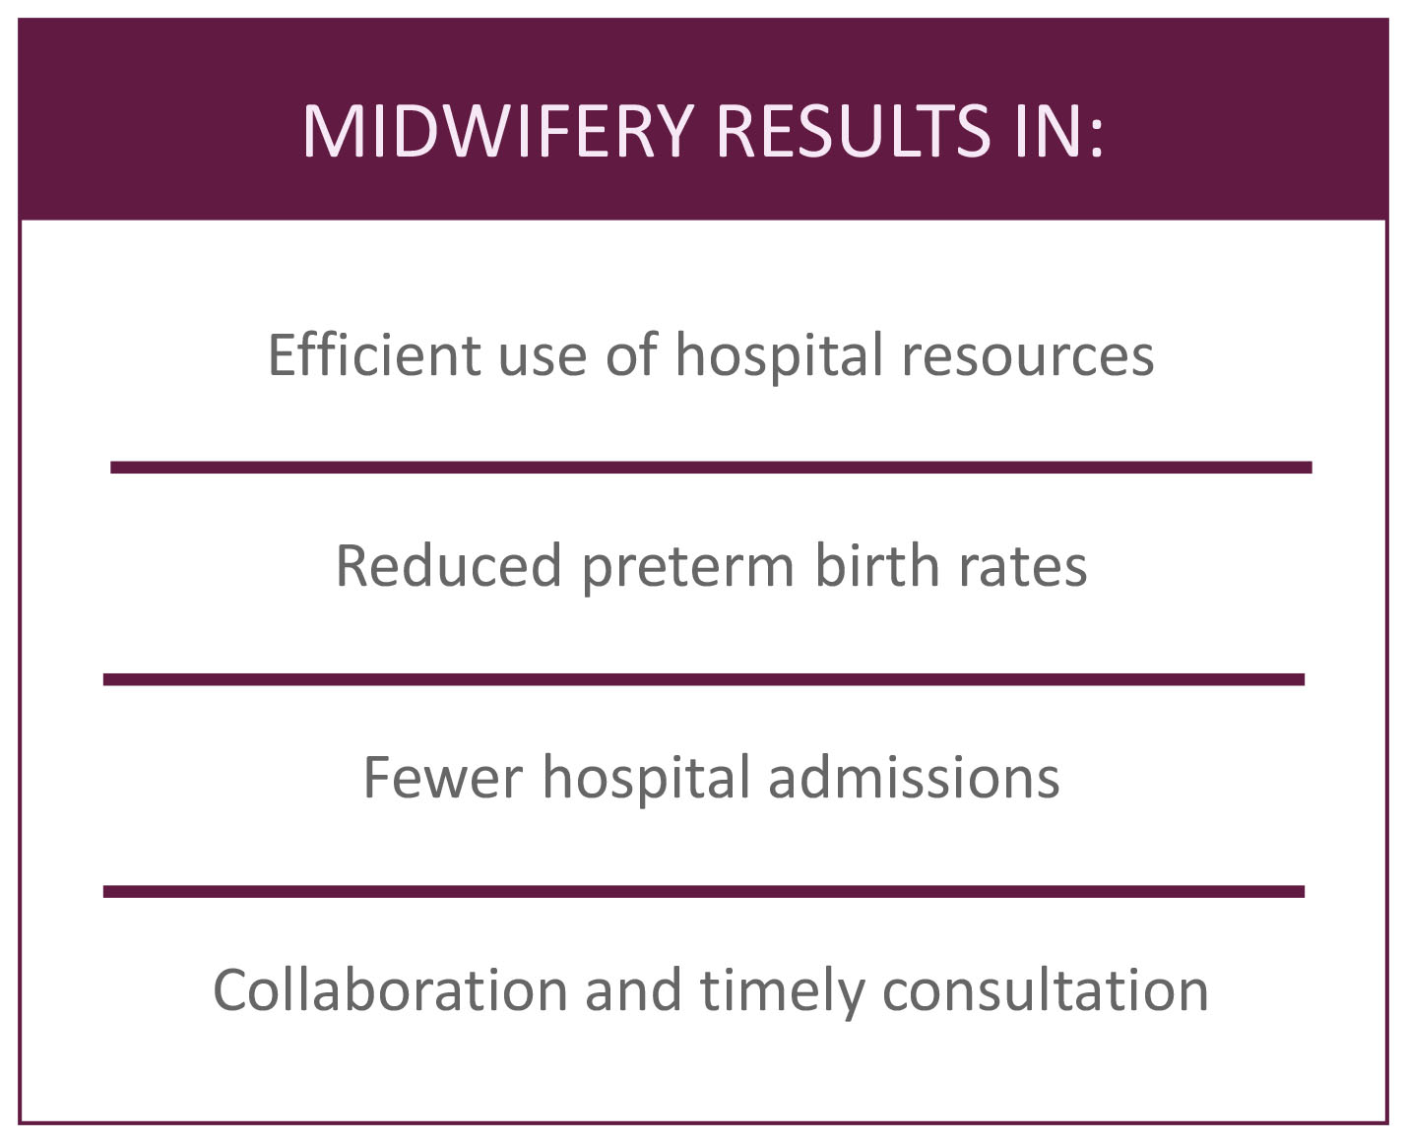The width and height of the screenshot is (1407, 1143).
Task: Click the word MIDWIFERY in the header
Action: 498,131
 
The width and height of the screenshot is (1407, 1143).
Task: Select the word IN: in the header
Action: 1059,131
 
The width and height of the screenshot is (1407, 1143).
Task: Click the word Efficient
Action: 374,354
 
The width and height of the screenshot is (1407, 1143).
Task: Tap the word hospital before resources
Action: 780,356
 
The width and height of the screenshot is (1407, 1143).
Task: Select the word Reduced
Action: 449,565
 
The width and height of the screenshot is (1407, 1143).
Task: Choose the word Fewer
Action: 443,777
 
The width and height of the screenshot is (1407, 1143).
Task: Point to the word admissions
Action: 915,777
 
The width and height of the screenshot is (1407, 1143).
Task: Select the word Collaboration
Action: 390,990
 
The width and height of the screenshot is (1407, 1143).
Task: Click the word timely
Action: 782,993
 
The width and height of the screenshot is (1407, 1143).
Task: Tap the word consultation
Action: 1046,990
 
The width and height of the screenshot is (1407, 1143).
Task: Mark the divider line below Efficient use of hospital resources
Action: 711,468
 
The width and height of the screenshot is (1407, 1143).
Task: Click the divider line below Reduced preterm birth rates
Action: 703,679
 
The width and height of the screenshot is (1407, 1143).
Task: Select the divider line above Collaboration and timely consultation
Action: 703,891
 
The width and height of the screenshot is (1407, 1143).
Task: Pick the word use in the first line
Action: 543,361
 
